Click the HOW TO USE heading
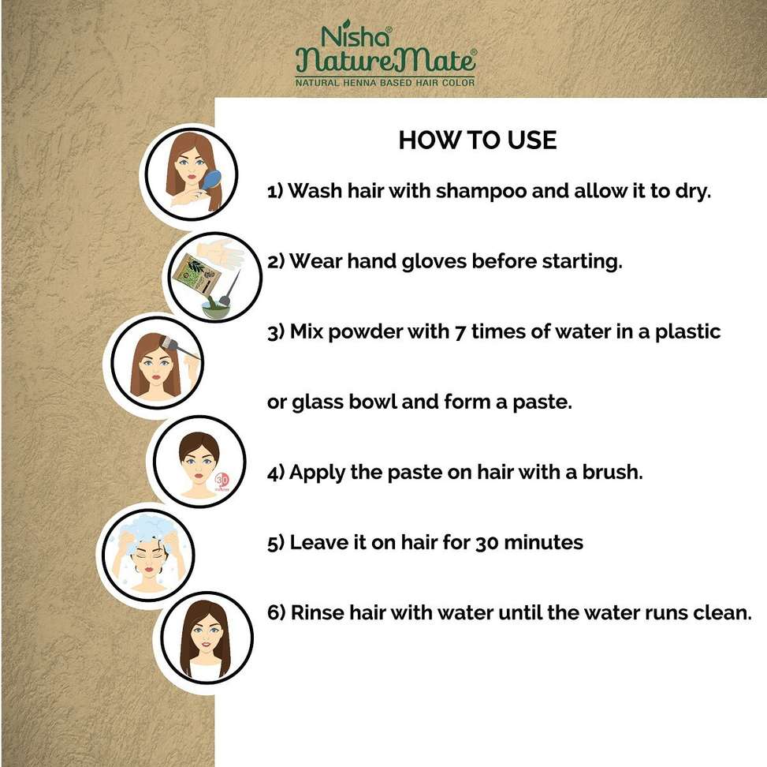click(x=478, y=140)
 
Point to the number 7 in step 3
click(x=460, y=332)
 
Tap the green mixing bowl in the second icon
click(x=216, y=308)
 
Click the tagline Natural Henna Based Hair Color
click(x=385, y=83)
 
